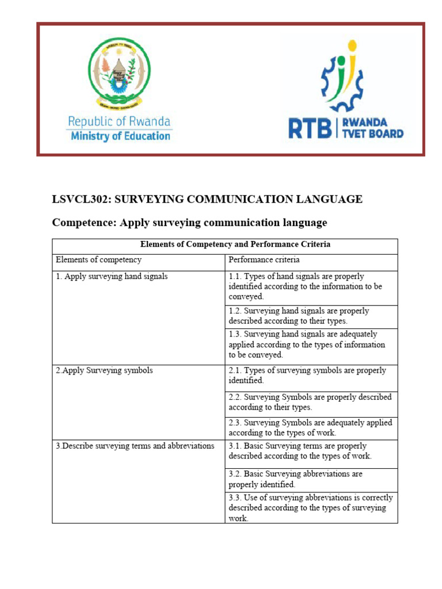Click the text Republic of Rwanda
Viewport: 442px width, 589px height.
click(119, 121)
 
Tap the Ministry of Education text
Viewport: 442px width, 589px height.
click(120, 136)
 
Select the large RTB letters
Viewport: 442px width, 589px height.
click(310, 128)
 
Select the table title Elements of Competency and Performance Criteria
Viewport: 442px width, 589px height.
click(235, 244)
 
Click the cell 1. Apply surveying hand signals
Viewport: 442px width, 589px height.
click(112, 277)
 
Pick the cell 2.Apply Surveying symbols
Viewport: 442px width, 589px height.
click(104, 371)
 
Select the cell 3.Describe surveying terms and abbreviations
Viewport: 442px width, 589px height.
click(135, 446)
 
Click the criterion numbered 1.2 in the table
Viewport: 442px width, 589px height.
click(299, 316)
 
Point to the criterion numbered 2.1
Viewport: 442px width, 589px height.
click(307, 376)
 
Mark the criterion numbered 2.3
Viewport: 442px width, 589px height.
click(310, 427)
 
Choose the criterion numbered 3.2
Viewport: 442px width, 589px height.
click(295, 479)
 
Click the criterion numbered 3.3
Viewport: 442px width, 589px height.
click(310, 508)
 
